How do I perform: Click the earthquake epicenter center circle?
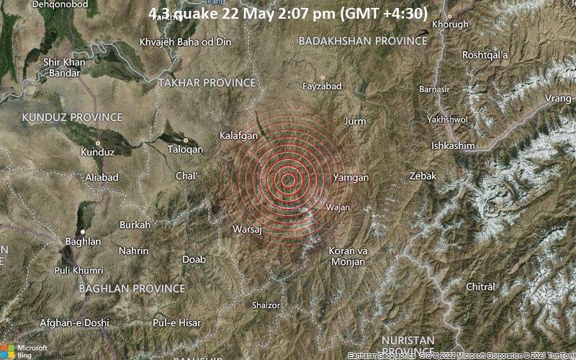(288, 180)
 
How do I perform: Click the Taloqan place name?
(186, 149)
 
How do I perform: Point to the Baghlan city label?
(83, 241)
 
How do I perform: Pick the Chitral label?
(482, 287)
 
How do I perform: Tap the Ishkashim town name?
(453, 145)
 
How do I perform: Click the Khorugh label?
(450, 24)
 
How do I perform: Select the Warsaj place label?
(247, 229)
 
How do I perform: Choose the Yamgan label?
(351, 177)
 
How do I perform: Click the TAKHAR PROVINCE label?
(207, 83)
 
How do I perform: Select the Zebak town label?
(423, 176)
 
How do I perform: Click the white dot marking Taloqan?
(186, 140)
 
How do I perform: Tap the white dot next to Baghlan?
(83, 231)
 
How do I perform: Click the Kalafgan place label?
(239, 135)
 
